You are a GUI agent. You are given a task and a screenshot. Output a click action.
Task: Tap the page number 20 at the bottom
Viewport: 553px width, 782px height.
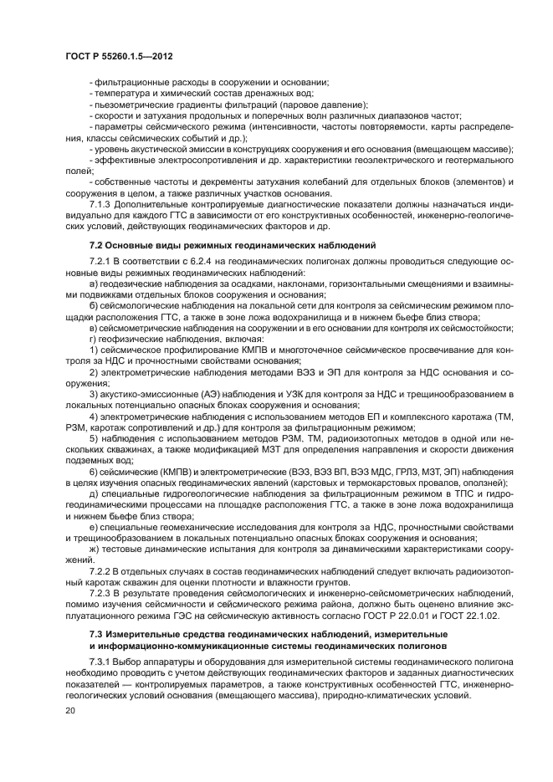(x=71, y=709)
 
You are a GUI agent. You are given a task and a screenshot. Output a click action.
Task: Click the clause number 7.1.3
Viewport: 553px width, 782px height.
(x=100, y=204)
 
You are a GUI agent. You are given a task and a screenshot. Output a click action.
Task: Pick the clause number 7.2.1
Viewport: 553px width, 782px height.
(x=100, y=263)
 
